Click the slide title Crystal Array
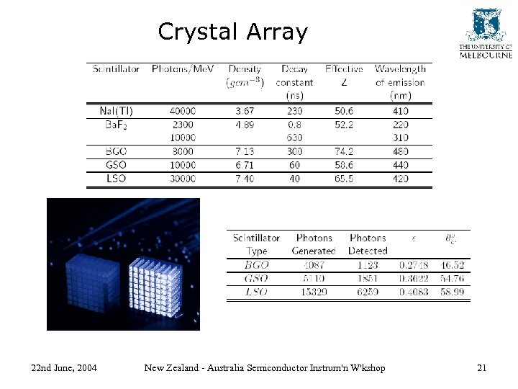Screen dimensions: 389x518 (x=232, y=32)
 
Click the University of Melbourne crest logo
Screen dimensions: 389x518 (x=486, y=25)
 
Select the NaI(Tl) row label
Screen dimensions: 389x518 (x=116, y=111)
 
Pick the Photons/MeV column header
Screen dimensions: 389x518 (x=182, y=69)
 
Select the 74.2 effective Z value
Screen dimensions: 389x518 (x=344, y=152)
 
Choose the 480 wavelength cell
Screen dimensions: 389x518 (x=401, y=152)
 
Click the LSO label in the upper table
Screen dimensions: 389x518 (x=116, y=179)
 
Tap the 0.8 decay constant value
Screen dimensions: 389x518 (x=294, y=125)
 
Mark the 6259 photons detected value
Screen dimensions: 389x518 (x=368, y=292)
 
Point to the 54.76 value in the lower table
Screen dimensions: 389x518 (x=453, y=278)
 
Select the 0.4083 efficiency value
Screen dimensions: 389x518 (x=413, y=292)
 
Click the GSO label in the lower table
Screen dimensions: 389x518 (x=257, y=278)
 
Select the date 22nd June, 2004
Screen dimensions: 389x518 (x=65, y=368)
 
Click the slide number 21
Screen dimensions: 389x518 (x=481, y=368)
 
